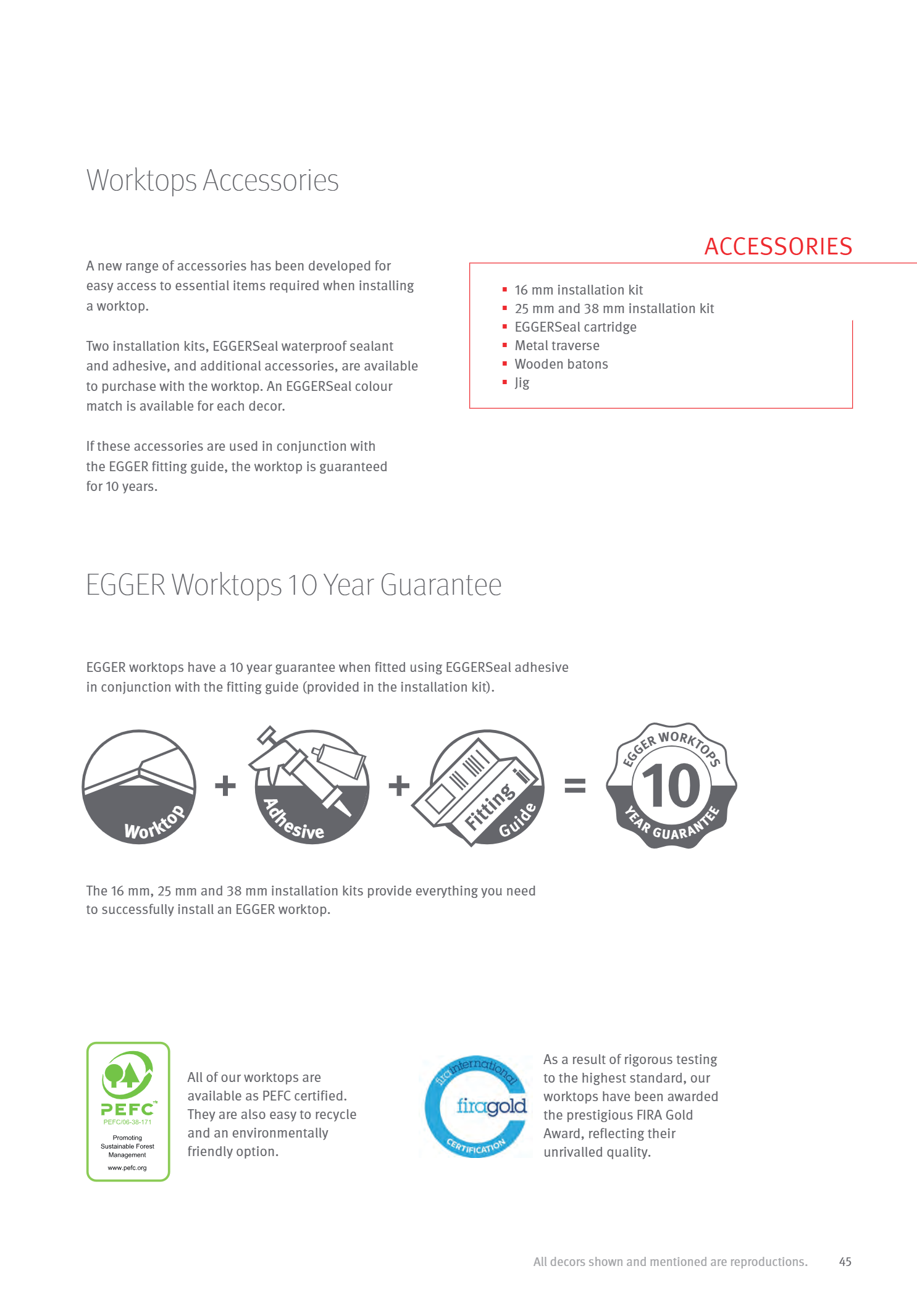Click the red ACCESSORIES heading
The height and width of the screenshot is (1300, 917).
[778, 246]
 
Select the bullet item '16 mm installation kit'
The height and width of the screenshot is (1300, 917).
[579, 290]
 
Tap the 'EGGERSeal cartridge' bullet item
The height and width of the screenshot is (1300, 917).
[575, 327]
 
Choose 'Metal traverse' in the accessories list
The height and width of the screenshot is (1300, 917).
[556, 346]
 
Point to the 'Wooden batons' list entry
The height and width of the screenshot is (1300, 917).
[561, 364]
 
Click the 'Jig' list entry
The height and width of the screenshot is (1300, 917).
[522, 383]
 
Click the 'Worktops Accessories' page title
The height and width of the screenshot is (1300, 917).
[212, 181]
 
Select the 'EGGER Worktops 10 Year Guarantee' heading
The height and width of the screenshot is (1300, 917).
[293, 585]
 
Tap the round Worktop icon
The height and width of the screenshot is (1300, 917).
[139, 787]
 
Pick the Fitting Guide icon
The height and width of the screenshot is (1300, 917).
[482, 787]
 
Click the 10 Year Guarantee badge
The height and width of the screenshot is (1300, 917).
[671, 786]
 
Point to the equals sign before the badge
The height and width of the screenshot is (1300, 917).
[575, 786]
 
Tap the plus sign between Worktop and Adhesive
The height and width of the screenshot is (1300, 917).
[225, 786]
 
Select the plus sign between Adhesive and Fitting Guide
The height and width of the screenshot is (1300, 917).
[399, 786]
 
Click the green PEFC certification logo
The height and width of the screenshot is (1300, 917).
[128, 1111]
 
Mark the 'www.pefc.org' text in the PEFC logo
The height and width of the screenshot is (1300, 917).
[127, 1168]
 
